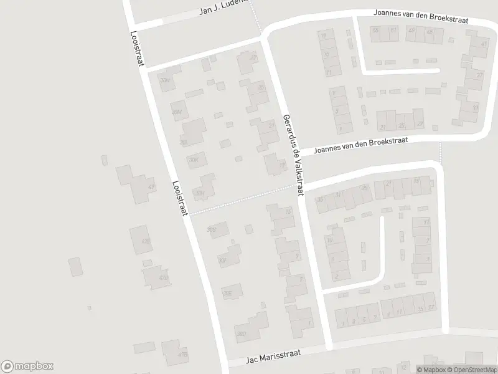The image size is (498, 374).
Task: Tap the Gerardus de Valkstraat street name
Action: [x=292, y=155]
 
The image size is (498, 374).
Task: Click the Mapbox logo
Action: [x=27, y=367]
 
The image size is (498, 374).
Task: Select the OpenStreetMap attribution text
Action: [x=472, y=370]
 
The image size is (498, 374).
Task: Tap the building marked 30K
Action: [x=194, y=160]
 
